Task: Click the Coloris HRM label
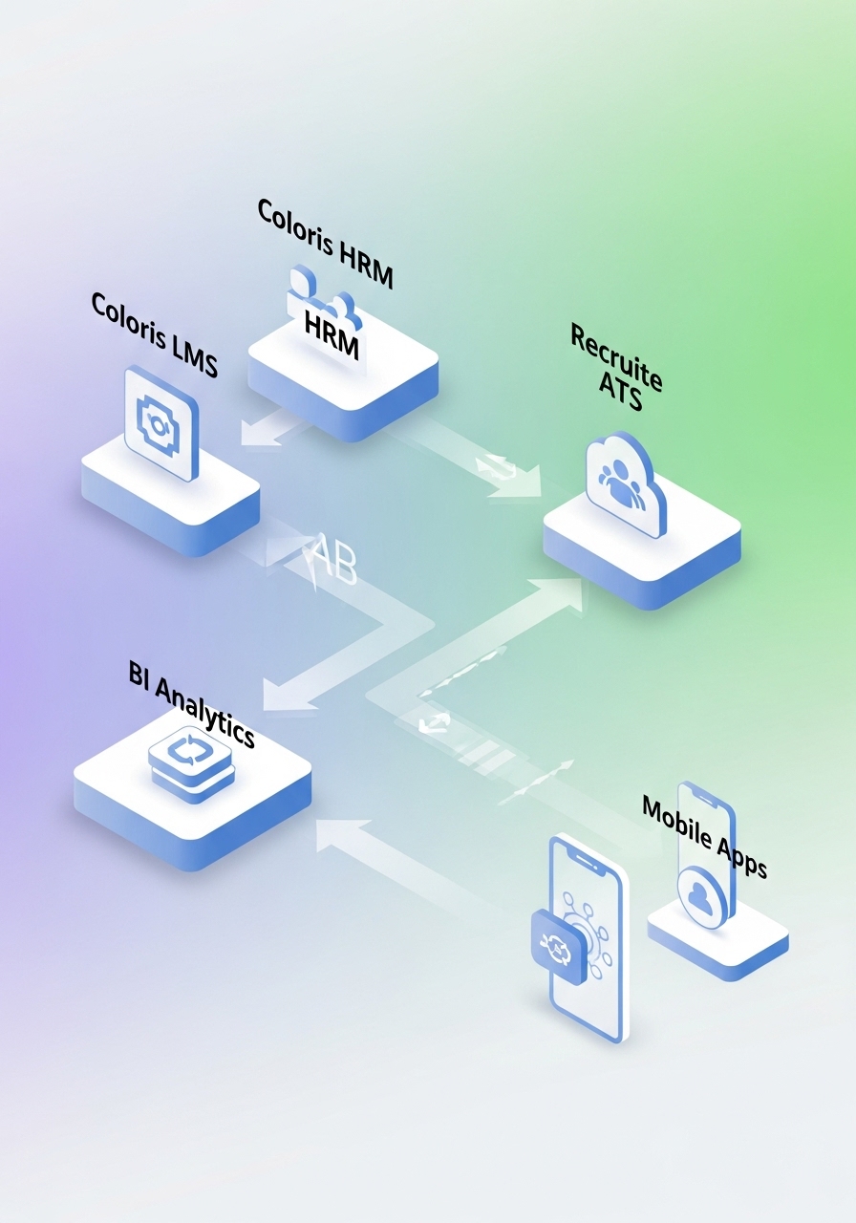(x=325, y=244)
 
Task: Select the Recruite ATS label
(x=616, y=369)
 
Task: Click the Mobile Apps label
(x=704, y=835)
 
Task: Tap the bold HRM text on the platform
(x=332, y=335)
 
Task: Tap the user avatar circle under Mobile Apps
(x=703, y=895)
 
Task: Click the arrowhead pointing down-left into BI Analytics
(x=282, y=696)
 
